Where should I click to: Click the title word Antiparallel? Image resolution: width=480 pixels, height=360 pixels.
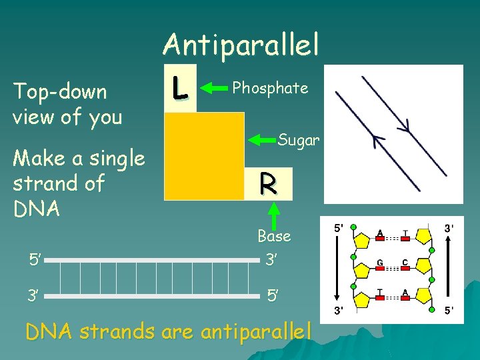point(241,45)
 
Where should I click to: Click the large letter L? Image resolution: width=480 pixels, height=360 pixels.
point(178,88)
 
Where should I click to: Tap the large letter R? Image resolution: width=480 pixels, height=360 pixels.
point(268,182)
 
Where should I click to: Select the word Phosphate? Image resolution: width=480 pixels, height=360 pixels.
point(270,87)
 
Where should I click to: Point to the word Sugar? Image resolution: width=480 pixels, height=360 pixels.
point(299,140)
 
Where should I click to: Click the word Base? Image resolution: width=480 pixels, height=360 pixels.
point(274,235)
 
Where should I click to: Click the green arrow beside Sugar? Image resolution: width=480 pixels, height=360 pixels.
point(263,140)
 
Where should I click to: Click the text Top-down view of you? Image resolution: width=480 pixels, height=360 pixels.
point(67,104)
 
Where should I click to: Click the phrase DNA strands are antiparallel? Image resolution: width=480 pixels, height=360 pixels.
point(168,331)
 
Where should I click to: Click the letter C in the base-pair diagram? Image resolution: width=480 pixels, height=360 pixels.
point(405,263)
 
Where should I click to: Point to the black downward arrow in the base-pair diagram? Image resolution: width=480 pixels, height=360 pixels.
point(336,267)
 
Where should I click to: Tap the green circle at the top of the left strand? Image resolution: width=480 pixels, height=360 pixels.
point(353,227)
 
